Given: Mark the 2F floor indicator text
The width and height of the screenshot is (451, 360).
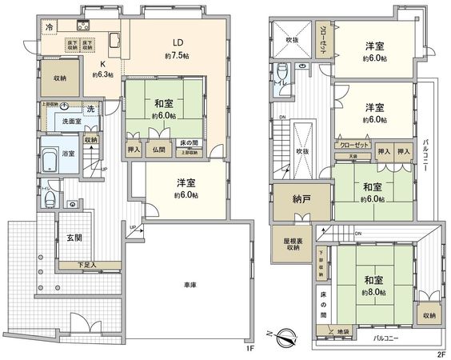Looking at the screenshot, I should point(440,353).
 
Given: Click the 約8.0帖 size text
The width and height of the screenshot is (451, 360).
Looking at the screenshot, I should point(372,293).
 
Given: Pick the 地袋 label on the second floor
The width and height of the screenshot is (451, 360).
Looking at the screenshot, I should point(343,330).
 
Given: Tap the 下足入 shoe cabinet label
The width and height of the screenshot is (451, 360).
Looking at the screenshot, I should point(87,265).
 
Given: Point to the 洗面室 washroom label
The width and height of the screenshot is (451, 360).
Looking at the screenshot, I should point(61,122).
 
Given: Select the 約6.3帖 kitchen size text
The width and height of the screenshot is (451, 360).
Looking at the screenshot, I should point(102,75).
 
